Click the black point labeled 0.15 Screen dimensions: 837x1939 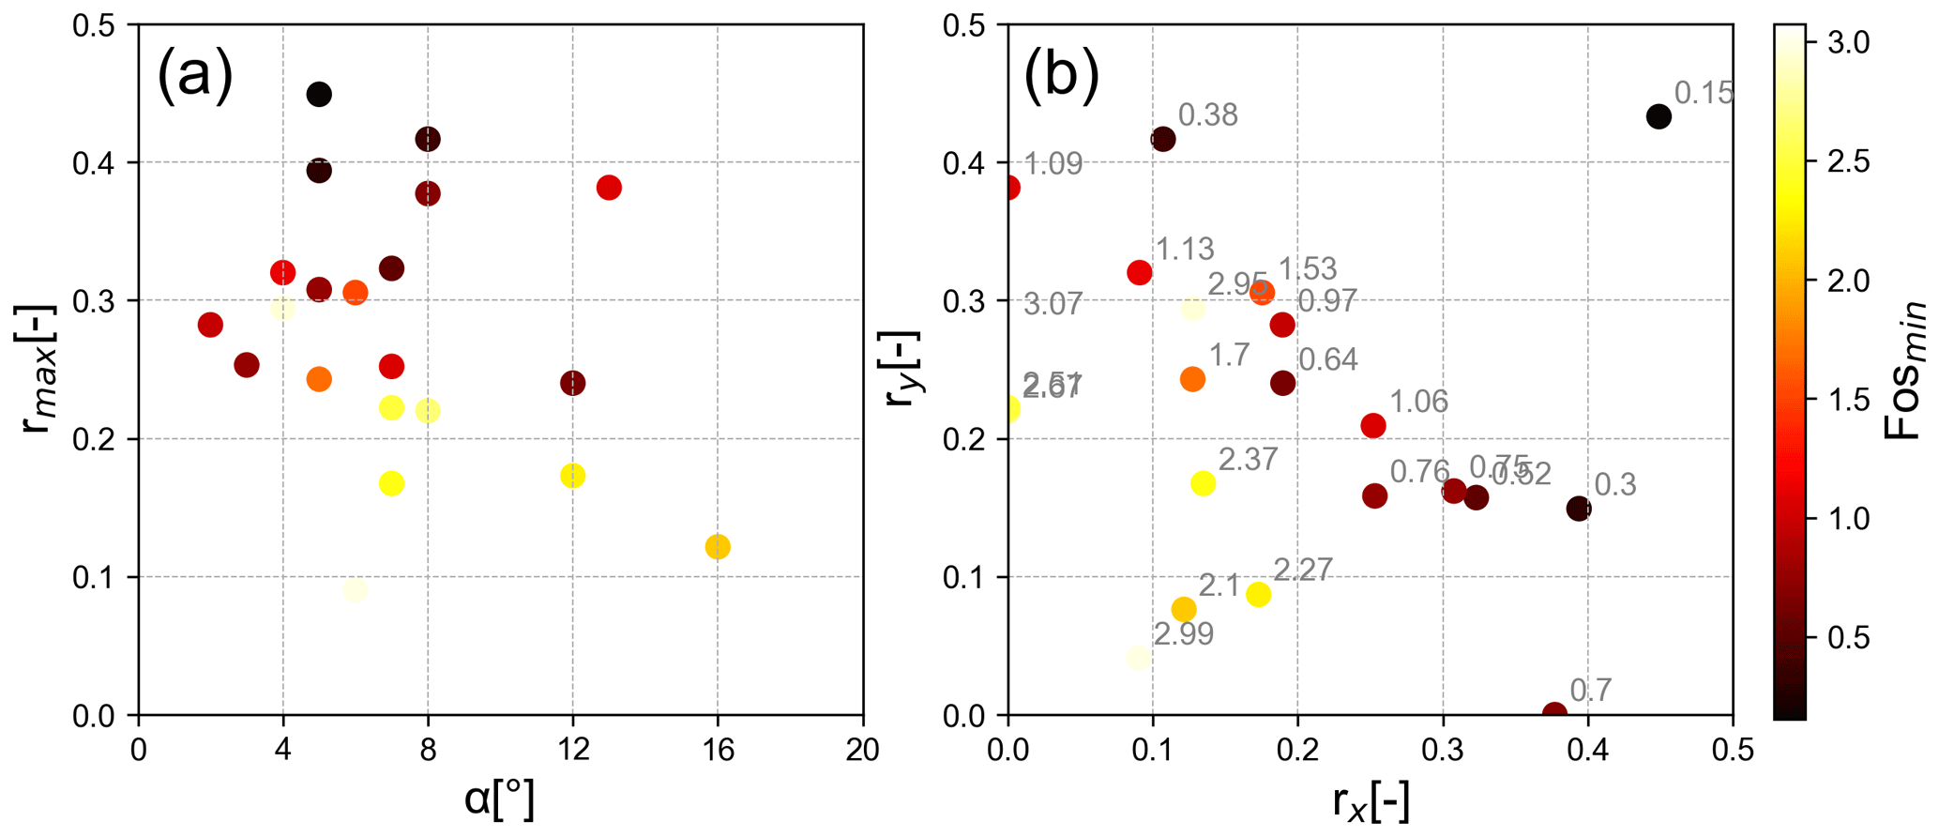point(1659,117)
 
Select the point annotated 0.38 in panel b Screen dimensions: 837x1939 point(1163,140)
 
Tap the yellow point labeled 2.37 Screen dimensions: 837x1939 point(1204,483)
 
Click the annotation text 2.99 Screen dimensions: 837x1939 point(1184,635)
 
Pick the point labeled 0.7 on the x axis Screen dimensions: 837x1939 point(1554,713)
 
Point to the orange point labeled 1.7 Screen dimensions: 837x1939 point(1192,379)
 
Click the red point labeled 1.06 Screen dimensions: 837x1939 point(1373,426)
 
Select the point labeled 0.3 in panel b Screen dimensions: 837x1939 point(1579,509)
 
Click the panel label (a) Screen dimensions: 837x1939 point(195,75)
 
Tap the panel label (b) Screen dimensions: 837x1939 point(1061,75)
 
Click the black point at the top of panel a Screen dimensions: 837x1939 point(319,94)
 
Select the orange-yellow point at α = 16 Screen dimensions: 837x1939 point(718,546)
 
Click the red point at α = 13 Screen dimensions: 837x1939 point(609,188)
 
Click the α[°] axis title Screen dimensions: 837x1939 point(500,800)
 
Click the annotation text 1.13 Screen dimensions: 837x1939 point(1185,250)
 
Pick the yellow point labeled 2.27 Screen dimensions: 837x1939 point(1259,594)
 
